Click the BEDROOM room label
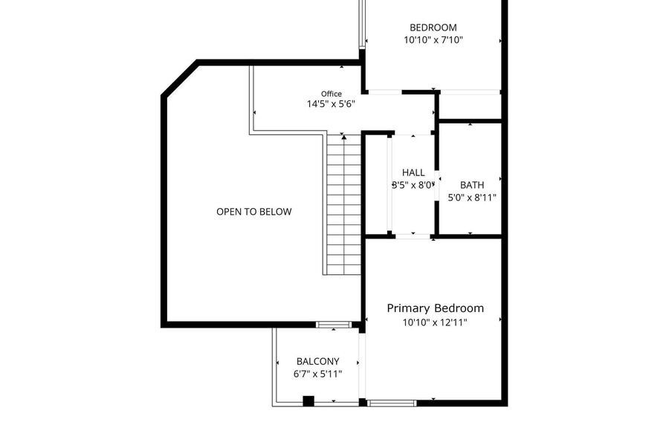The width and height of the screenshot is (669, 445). click(x=433, y=27)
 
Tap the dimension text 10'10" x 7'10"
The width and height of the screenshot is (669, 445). click(x=433, y=40)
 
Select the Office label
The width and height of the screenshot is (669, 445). click(x=332, y=94)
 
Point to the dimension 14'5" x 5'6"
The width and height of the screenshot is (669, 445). click(x=331, y=104)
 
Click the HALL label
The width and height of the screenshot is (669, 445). click(x=413, y=172)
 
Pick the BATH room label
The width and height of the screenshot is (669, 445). click(x=472, y=185)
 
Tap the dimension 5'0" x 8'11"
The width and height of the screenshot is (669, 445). click(x=472, y=198)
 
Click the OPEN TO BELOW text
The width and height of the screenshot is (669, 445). click(x=254, y=212)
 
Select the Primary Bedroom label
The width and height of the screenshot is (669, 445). click(x=435, y=308)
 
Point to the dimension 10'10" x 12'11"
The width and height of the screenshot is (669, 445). click(x=435, y=322)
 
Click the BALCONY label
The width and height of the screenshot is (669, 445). click(x=318, y=362)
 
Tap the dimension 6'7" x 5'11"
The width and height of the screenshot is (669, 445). click(x=318, y=374)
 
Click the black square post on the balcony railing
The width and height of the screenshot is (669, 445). click(x=308, y=401)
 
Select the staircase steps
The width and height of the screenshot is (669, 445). click(x=344, y=205)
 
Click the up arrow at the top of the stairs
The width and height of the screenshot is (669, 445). click(x=344, y=137)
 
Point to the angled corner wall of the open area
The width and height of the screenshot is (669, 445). click(x=180, y=79)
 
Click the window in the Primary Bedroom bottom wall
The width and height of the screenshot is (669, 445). click(x=392, y=403)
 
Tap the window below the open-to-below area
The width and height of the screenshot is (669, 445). click(x=334, y=325)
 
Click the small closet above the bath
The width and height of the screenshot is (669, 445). click(x=469, y=105)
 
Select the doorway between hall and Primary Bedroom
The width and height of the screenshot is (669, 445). click(x=413, y=236)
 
